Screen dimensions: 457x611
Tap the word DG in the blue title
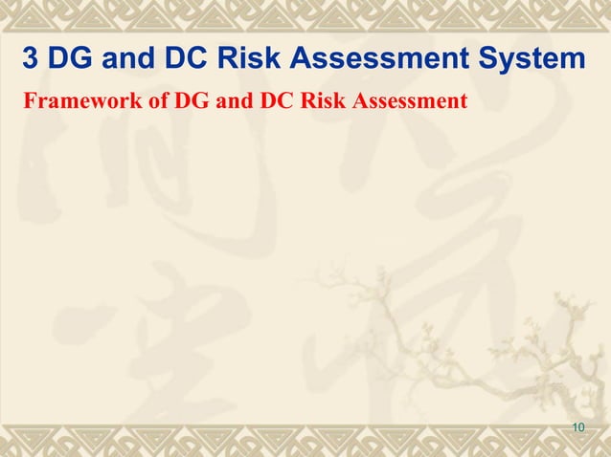(x=67, y=59)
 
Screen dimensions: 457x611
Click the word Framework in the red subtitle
(x=72, y=98)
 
